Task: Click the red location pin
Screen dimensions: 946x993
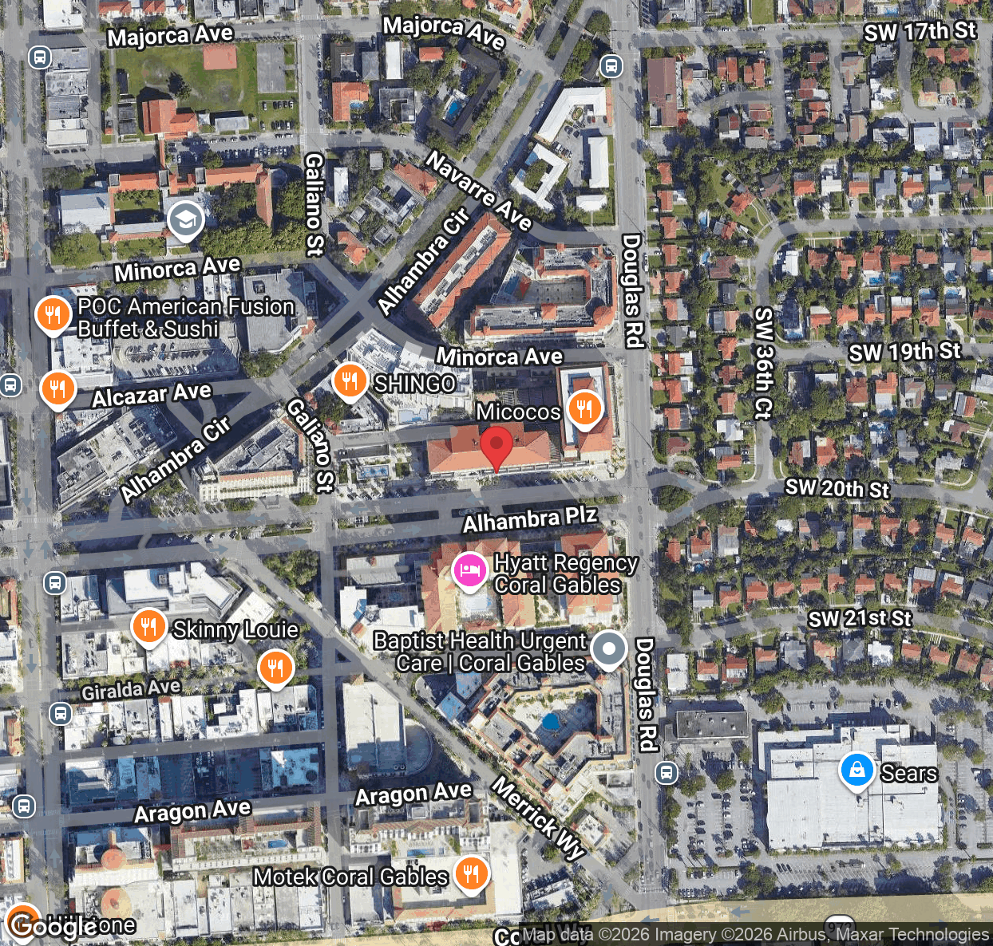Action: (x=496, y=447)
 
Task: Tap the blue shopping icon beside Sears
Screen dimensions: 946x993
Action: (x=857, y=771)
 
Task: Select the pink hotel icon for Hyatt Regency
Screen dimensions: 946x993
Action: (x=469, y=571)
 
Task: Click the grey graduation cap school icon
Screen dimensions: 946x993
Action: (x=185, y=221)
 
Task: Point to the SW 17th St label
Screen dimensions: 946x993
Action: (x=920, y=32)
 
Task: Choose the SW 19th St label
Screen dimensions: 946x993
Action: (x=904, y=352)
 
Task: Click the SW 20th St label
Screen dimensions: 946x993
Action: (x=837, y=488)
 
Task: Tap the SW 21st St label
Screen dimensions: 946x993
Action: (x=859, y=619)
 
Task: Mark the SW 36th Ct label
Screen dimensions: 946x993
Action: (x=764, y=363)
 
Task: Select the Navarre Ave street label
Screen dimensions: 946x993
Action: (x=478, y=191)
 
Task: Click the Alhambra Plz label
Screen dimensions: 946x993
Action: (x=529, y=519)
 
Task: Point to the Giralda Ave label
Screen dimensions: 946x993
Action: (x=131, y=688)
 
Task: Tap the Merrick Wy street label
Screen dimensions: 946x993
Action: (x=539, y=817)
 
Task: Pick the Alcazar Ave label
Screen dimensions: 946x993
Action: (x=152, y=394)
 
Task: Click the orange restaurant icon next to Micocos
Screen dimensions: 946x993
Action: (x=585, y=408)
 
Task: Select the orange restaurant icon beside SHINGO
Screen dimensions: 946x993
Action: (x=350, y=381)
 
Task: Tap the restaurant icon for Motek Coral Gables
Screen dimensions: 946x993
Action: (x=472, y=873)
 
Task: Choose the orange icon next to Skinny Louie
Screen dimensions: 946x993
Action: (x=148, y=627)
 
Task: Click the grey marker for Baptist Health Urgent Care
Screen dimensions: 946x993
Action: (x=609, y=649)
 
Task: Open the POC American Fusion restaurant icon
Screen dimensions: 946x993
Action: (x=53, y=315)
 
